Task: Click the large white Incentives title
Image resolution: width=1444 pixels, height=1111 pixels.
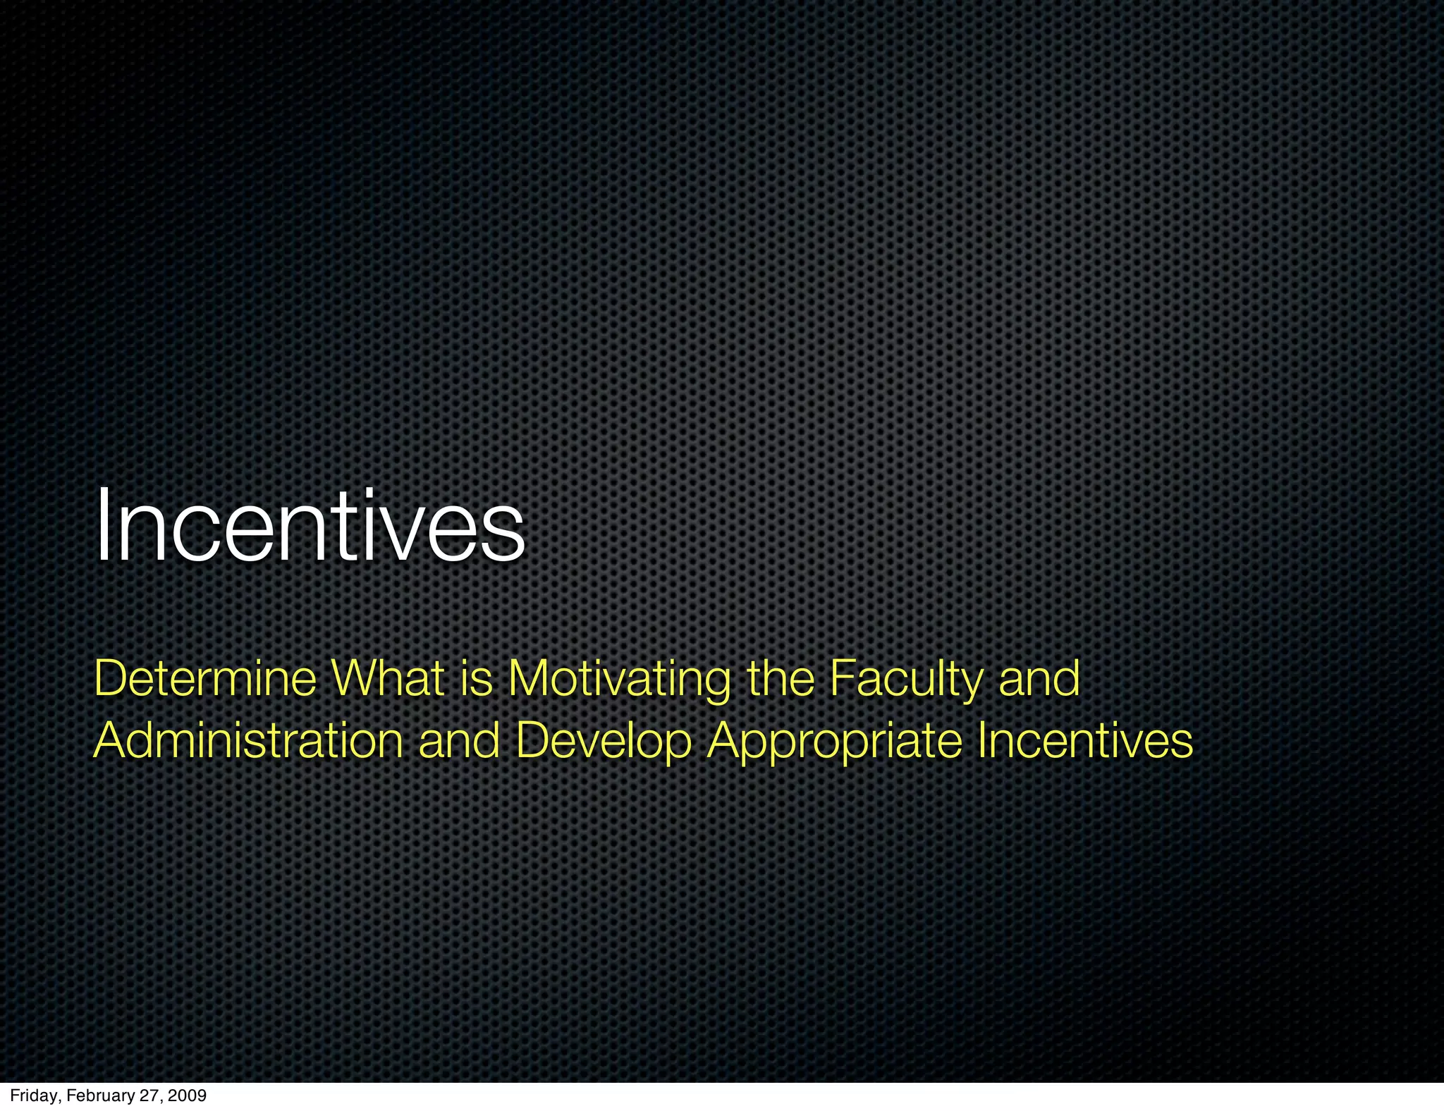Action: point(310,527)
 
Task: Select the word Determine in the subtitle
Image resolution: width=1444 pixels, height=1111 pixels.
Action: point(205,678)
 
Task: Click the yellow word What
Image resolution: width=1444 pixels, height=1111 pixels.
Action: point(388,678)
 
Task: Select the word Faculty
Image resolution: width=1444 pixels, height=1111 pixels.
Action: point(905,680)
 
